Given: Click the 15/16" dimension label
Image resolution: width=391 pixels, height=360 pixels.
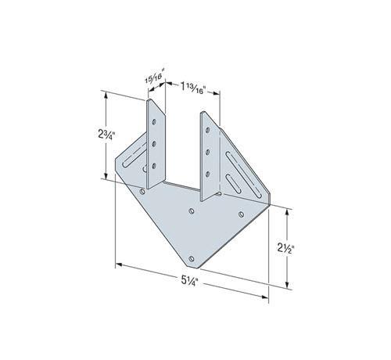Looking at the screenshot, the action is [156, 76].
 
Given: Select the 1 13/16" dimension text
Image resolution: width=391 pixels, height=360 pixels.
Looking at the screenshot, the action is [194, 88].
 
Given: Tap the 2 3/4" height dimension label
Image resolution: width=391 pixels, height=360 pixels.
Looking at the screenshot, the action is [106, 135].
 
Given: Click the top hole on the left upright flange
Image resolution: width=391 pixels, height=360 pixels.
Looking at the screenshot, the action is [154, 122].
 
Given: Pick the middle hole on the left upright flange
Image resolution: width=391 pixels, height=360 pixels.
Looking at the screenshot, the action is [154, 143].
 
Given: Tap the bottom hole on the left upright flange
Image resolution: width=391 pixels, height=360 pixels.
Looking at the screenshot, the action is [154, 166].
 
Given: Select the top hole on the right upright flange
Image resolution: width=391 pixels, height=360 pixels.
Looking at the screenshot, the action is [208, 130].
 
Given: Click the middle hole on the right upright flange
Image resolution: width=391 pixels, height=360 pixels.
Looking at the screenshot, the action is [208, 152].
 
